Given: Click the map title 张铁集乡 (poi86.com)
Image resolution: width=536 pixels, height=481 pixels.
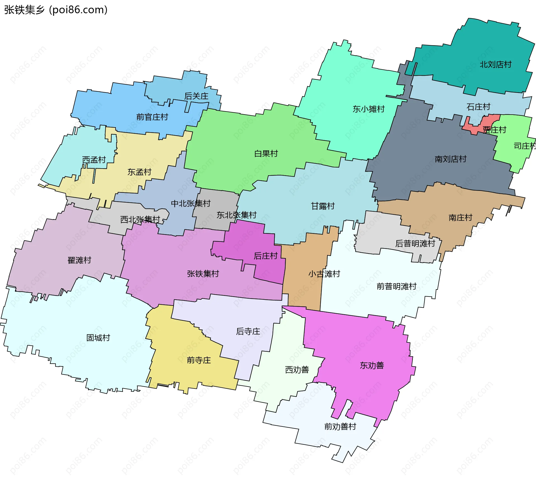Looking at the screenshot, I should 56,10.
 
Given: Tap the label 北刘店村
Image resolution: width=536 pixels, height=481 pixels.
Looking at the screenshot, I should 495,65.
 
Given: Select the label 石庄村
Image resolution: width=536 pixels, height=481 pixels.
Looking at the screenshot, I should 478,107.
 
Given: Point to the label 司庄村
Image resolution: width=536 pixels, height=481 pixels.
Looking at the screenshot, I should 524,146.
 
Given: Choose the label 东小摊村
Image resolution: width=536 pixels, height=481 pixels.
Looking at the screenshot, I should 368,109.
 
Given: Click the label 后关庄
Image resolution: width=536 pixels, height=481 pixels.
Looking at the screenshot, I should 196,96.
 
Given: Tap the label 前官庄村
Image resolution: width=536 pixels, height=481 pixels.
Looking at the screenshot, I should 152,117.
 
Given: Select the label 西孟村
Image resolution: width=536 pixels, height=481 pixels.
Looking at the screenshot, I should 94,160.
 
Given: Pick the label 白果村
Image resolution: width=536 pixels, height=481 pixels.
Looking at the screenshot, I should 266,153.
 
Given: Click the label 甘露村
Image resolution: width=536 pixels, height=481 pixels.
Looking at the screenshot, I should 323,206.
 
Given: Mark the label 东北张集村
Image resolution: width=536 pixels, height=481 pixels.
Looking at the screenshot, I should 236,215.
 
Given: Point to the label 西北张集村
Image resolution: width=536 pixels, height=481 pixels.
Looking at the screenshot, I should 140,219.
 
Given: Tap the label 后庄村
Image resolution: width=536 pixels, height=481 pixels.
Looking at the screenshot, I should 265,256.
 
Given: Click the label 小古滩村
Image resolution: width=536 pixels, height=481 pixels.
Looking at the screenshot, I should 324,274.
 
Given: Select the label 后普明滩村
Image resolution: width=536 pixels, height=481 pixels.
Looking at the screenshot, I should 415,243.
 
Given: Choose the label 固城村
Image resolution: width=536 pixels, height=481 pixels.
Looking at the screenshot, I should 98,338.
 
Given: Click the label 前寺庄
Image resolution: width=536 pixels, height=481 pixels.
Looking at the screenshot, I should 199,360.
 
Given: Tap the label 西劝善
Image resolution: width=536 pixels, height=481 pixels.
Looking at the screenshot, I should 297,369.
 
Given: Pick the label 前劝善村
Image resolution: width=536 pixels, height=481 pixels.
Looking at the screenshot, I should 340,426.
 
